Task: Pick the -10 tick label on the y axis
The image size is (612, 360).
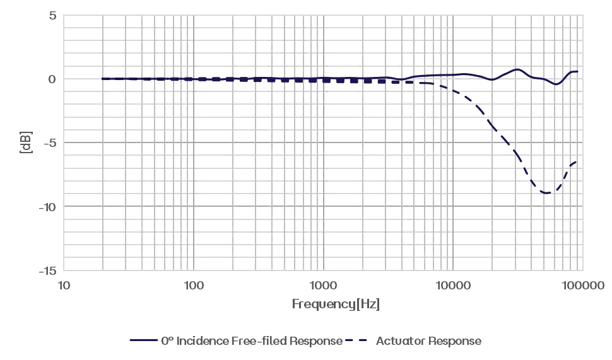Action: pos(48,142)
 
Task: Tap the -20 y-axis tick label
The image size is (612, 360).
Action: pos(48,206)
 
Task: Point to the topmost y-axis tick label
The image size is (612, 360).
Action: pos(52,15)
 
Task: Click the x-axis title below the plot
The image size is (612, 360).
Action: pos(338,306)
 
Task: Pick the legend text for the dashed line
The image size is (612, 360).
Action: pos(429,341)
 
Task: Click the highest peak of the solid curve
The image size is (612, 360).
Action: pos(516,69)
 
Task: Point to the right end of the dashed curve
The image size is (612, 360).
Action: pos(575,161)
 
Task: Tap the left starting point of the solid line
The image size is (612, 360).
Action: pos(102,78)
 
